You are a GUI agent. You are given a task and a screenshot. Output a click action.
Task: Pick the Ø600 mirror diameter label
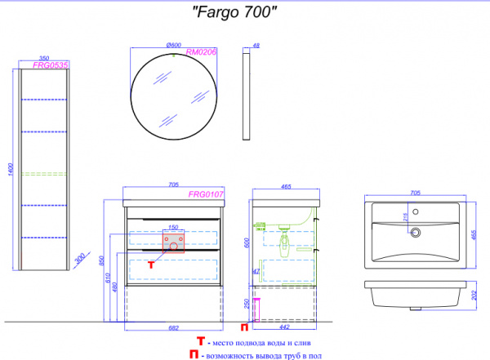172,44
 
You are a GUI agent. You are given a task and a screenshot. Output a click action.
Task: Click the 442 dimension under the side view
284,327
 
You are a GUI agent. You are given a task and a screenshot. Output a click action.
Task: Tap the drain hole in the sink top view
416,232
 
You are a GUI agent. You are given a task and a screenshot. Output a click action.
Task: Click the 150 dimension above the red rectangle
173,228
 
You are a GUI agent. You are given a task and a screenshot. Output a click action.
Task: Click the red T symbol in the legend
200,341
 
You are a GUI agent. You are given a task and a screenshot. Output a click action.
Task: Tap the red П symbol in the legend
192,355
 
